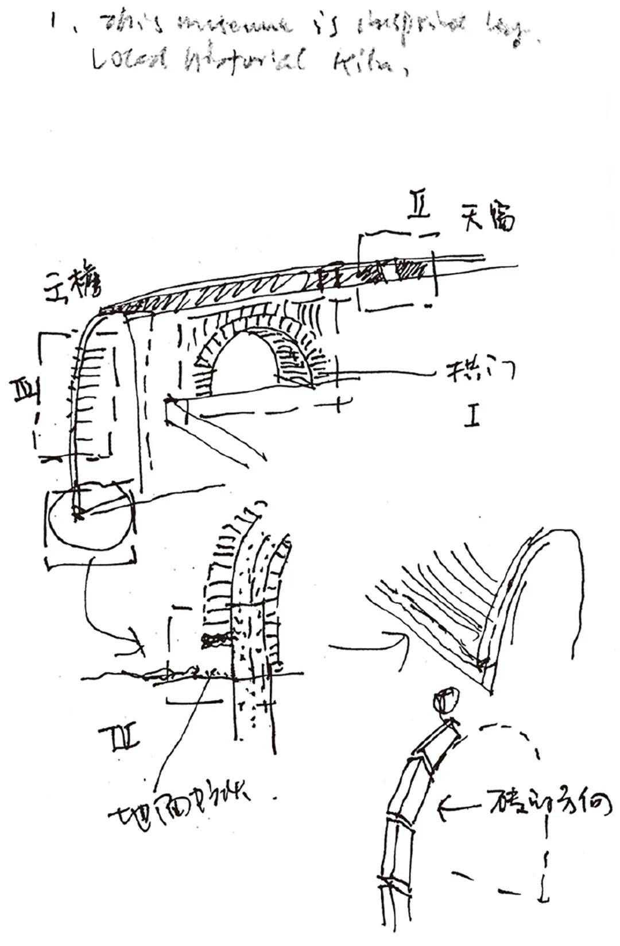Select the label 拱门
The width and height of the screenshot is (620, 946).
point(480,371)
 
